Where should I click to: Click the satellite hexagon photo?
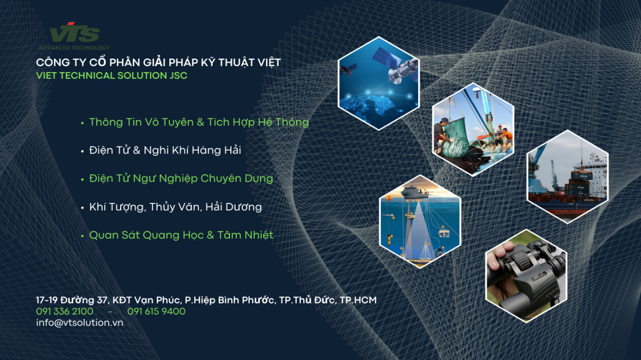(378, 83)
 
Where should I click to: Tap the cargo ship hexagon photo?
(567, 176)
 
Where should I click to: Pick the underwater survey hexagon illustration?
(420, 221)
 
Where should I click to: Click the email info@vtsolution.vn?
(79, 322)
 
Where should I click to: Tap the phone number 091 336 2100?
(65, 311)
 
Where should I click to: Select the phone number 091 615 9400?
(156, 311)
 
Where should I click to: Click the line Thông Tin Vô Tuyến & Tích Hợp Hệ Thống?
(199, 122)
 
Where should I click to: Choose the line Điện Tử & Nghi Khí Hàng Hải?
(165, 150)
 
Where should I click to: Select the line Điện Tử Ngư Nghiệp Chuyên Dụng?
(181, 178)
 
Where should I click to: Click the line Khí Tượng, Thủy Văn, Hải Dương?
(175, 207)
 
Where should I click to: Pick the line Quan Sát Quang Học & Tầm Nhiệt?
(181, 235)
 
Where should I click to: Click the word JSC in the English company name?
(178, 76)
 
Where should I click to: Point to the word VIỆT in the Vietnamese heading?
(267, 63)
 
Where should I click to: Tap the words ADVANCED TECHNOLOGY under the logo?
(74, 48)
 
